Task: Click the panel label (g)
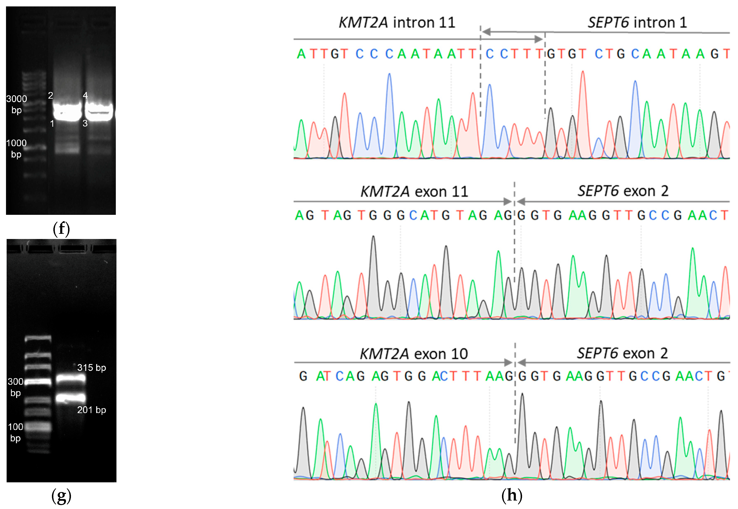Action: [61, 495]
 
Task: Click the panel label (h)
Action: [512, 495]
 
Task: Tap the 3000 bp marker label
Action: [17, 104]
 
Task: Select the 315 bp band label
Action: [92, 368]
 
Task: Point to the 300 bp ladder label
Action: [15, 387]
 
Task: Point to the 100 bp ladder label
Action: [15, 432]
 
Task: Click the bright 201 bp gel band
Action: [71, 398]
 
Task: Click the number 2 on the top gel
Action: [50, 95]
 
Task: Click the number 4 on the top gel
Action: [85, 95]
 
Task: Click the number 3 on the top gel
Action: [85, 123]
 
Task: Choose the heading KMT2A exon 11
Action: [414, 192]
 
